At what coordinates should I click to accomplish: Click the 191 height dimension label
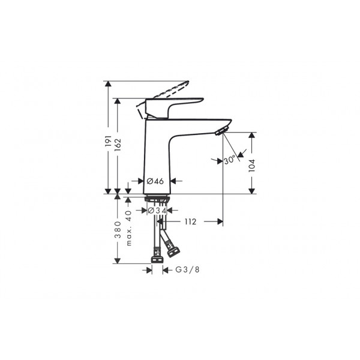[x=108, y=141]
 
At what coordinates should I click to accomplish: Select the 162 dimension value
[x=118, y=145]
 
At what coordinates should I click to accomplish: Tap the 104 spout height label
[x=252, y=166]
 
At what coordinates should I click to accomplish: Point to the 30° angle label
[x=230, y=160]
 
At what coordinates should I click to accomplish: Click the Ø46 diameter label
[x=155, y=181]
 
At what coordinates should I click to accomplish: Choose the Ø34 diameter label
[x=157, y=211]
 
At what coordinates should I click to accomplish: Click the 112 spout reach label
[x=191, y=222]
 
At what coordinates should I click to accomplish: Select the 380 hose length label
[x=118, y=230]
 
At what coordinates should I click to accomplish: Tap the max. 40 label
[x=129, y=228]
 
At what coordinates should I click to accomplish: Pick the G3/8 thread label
[x=187, y=269]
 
